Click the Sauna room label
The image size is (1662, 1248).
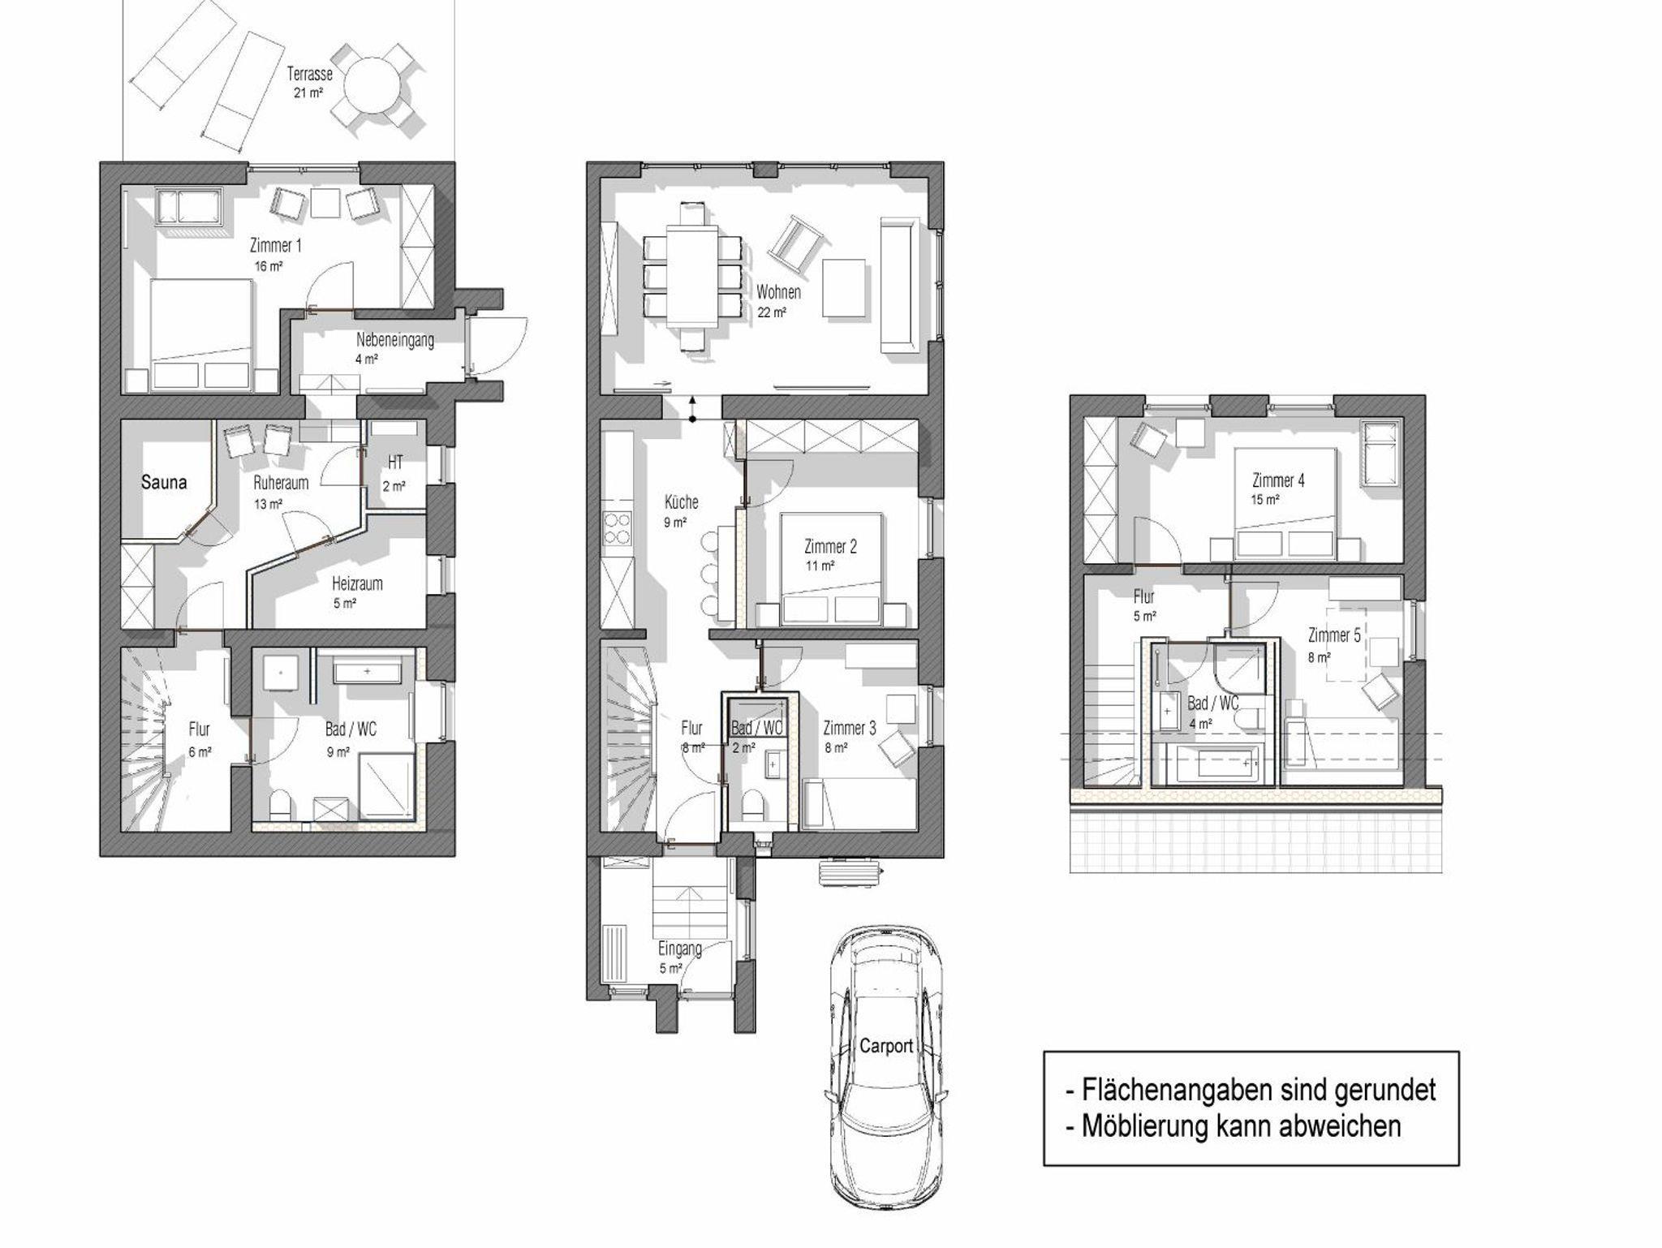pyautogui.click(x=164, y=482)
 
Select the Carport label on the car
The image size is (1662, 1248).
pyautogui.click(x=886, y=1047)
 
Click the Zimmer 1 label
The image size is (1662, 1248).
pyautogui.click(x=275, y=245)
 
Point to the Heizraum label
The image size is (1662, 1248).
pyautogui.click(x=357, y=583)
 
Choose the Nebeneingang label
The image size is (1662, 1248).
pyautogui.click(x=395, y=340)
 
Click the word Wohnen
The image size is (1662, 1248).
pyautogui.click(x=779, y=292)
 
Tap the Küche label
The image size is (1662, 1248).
pyautogui.click(x=681, y=502)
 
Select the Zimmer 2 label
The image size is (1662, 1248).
pyautogui.click(x=830, y=547)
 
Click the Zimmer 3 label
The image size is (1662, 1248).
pyautogui.click(x=850, y=728)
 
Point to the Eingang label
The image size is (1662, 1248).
pyautogui.click(x=680, y=949)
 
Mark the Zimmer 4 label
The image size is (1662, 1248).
pyautogui.click(x=1278, y=480)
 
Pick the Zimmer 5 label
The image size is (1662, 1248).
pyautogui.click(x=1334, y=635)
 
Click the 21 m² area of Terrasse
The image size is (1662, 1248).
pyautogui.click(x=309, y=93)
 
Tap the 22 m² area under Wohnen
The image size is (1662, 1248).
pyautogui.click(x=772, y=312)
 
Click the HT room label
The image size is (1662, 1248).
pyautogui.click(x=395, y=463)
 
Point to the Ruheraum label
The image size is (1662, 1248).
pyautogui.click(x=281, y=484)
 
